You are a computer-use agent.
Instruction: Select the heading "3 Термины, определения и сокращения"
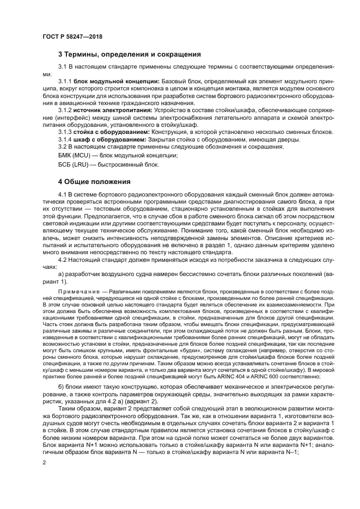pyautogui.click(x=130, y=55)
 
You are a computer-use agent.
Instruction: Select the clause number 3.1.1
pyautogui.click(x=65, y=81)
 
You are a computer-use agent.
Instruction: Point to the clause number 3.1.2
pyautogui.click(x=65, y=110)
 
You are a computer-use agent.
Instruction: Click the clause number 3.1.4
pyautogui.click(x=65, y=139)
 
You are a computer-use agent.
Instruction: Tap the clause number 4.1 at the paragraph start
pyautogui.click(x=62, y=194)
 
